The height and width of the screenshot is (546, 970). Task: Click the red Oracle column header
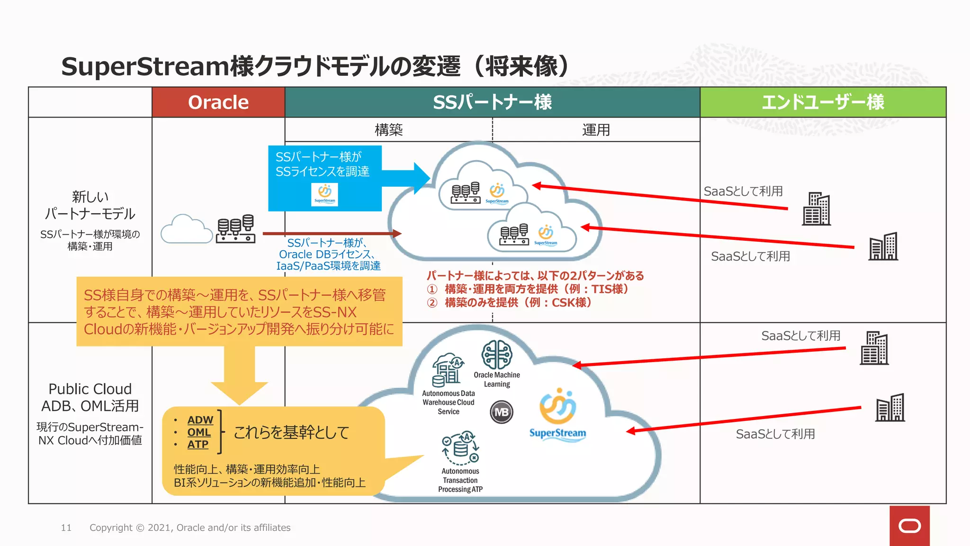coord(218,102)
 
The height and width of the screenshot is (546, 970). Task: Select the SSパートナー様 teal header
coord(492,102)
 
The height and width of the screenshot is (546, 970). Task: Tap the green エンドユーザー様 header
coord(823,102)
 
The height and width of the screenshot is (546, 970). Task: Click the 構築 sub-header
coord(388,130)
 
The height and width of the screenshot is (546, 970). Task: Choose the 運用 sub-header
coord(596,130)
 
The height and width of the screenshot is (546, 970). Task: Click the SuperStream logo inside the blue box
coord(325,194)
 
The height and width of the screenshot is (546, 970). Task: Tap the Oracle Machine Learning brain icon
coord(496,355)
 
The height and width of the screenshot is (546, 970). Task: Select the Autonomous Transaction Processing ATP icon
coord(460,448)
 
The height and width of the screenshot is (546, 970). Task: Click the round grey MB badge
coord(502,412)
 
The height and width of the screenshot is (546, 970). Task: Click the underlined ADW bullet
coord(200,420)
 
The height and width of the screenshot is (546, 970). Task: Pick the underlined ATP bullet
coord(198,445)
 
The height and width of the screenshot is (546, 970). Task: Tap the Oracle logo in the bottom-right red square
coord(909,526)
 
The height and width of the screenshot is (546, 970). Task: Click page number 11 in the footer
coord(66,528)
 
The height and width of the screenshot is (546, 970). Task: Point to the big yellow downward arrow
coord(239,374)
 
